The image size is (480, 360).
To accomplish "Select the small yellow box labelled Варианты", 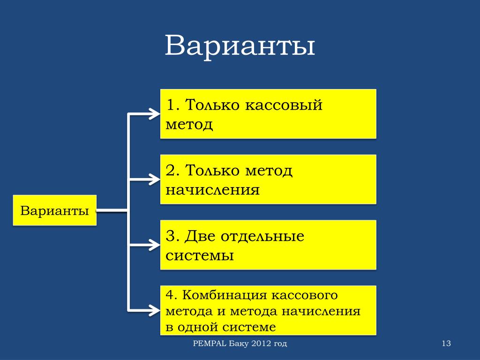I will click(55, 210).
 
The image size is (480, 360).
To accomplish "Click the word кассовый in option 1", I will click(283, 105).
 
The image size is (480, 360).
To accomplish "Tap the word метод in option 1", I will click(189, 125).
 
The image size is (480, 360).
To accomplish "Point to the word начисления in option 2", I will click(212, 190).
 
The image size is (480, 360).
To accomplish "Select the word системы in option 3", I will click(200, 256).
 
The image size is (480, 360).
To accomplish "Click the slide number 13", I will click(446, 344).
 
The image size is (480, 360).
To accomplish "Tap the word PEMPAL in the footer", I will click(210, 344).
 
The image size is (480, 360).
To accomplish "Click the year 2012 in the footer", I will click(261, 344).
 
